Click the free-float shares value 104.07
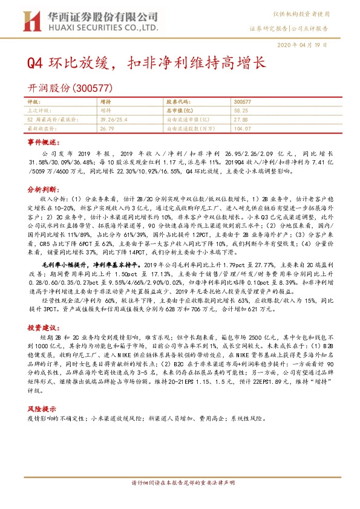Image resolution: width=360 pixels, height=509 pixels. (242, 128)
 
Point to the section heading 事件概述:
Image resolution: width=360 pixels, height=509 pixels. (44, 141)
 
